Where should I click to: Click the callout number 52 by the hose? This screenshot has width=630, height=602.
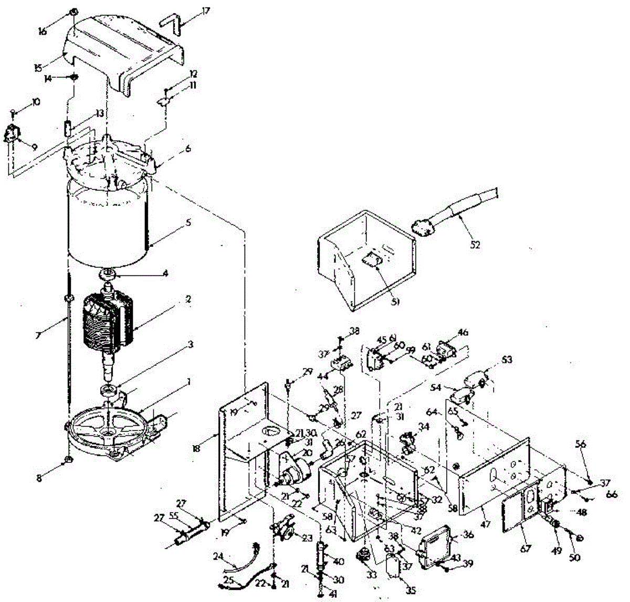click(475, 244)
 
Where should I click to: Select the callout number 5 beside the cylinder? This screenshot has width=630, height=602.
click(188, 222)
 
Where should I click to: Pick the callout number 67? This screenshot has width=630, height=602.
click(526, 548)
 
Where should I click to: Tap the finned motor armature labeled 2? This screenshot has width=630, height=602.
click(108, 323)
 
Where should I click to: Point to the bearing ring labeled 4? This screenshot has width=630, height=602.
click(110, 274)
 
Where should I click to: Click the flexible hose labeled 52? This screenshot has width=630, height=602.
click(462, 207)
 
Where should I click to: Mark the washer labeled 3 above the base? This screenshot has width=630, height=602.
click(110, 389)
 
